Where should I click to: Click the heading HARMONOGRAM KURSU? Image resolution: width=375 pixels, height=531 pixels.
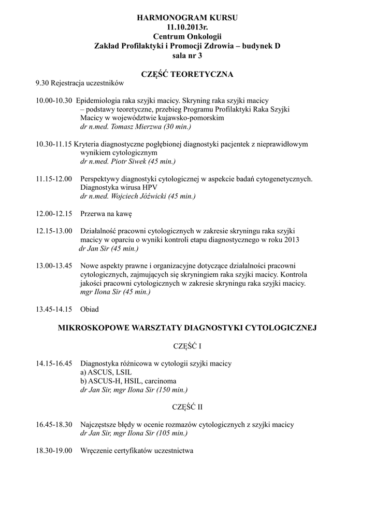[x=187, y=18]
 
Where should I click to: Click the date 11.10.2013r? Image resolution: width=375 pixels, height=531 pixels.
[x=187, y=27]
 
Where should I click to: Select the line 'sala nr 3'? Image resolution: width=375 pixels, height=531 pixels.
[x=187, y=55]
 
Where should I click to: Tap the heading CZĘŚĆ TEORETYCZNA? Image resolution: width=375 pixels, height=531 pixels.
[x=187, y=74]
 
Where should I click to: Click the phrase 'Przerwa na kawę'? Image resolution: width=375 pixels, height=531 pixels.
[x=107, y=214]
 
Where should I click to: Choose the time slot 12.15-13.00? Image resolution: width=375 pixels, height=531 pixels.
[x=54, y=231]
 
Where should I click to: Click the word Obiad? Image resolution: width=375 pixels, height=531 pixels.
[x=90, y=310]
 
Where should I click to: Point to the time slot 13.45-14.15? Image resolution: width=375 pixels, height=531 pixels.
[x=54, y=310]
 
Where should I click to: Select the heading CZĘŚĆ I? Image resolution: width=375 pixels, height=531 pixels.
[x=187, y=345]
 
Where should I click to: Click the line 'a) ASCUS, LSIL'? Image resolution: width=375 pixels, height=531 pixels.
[x=107, y=372]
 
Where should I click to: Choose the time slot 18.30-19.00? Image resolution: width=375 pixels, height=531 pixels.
[x=54, y=451]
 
